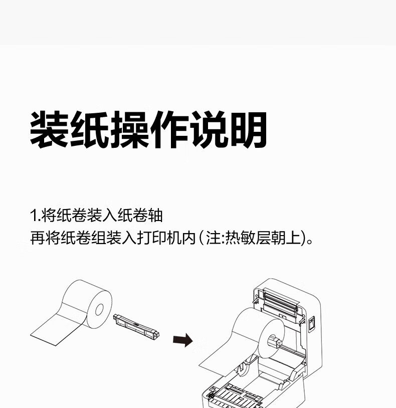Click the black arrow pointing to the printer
(x=183, y=340)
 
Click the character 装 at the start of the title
(x=50, y=130)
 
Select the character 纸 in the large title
(x=89, y=130)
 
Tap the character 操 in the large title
(x=129, y=130)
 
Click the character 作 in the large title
(x=168, y=130)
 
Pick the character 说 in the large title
(x=208, y=130)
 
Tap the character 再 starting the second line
(x=37, y=238)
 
